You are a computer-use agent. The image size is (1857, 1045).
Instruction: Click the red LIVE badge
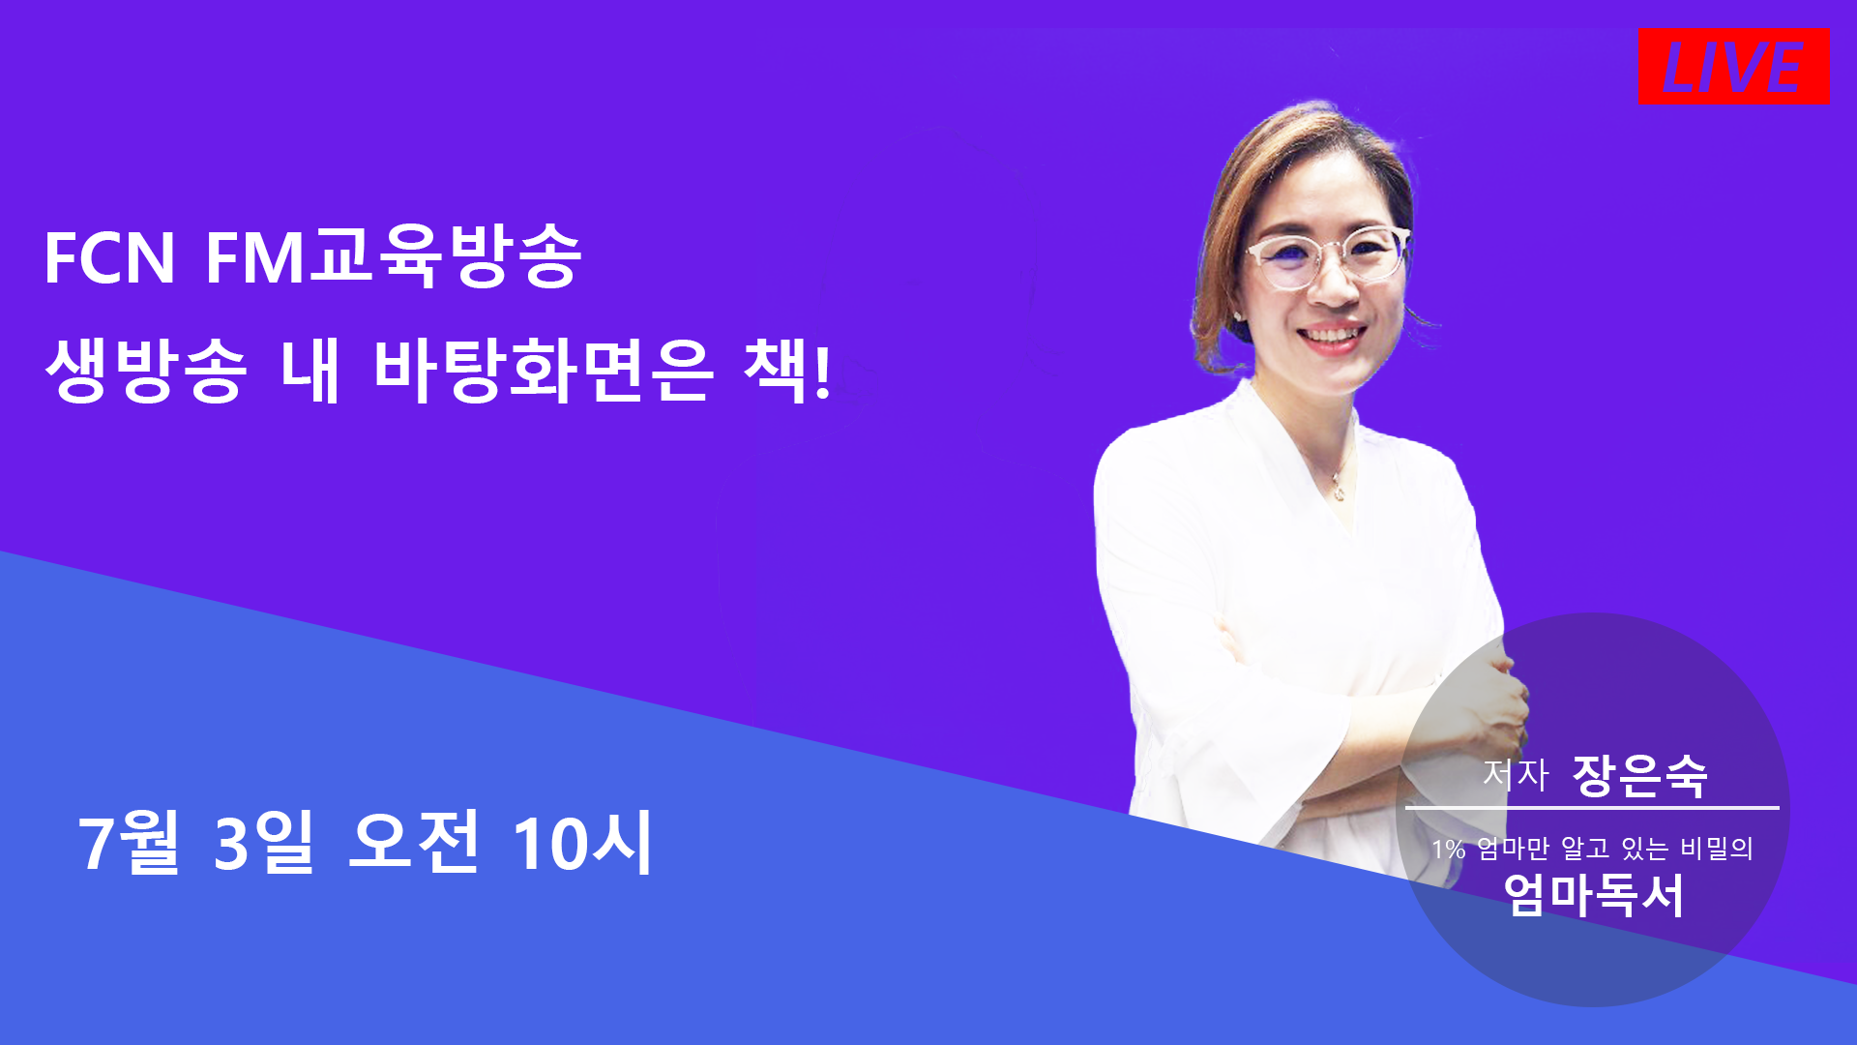(1732, 66)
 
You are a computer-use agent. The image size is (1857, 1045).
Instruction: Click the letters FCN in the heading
(109, 258)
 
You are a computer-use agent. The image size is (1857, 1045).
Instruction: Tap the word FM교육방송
(394, 256)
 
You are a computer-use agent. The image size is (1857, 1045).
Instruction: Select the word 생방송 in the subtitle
(146, 372)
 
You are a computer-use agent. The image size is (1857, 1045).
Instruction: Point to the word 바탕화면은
(543, 372)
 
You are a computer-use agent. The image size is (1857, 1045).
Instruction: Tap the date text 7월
(130, 842)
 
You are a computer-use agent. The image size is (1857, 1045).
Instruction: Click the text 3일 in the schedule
(264, 842)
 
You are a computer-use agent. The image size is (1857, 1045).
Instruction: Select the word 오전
(414, 842)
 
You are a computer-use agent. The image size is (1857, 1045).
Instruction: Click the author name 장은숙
(1640, 775)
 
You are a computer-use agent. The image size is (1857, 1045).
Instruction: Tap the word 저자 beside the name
(1516, 774)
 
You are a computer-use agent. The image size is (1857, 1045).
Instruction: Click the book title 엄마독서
(1594, 895)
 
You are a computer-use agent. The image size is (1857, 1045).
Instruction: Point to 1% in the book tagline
(1448, 850)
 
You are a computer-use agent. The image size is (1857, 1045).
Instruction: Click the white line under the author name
(1592, 807)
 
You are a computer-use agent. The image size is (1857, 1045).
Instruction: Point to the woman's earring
(1239, 314)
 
